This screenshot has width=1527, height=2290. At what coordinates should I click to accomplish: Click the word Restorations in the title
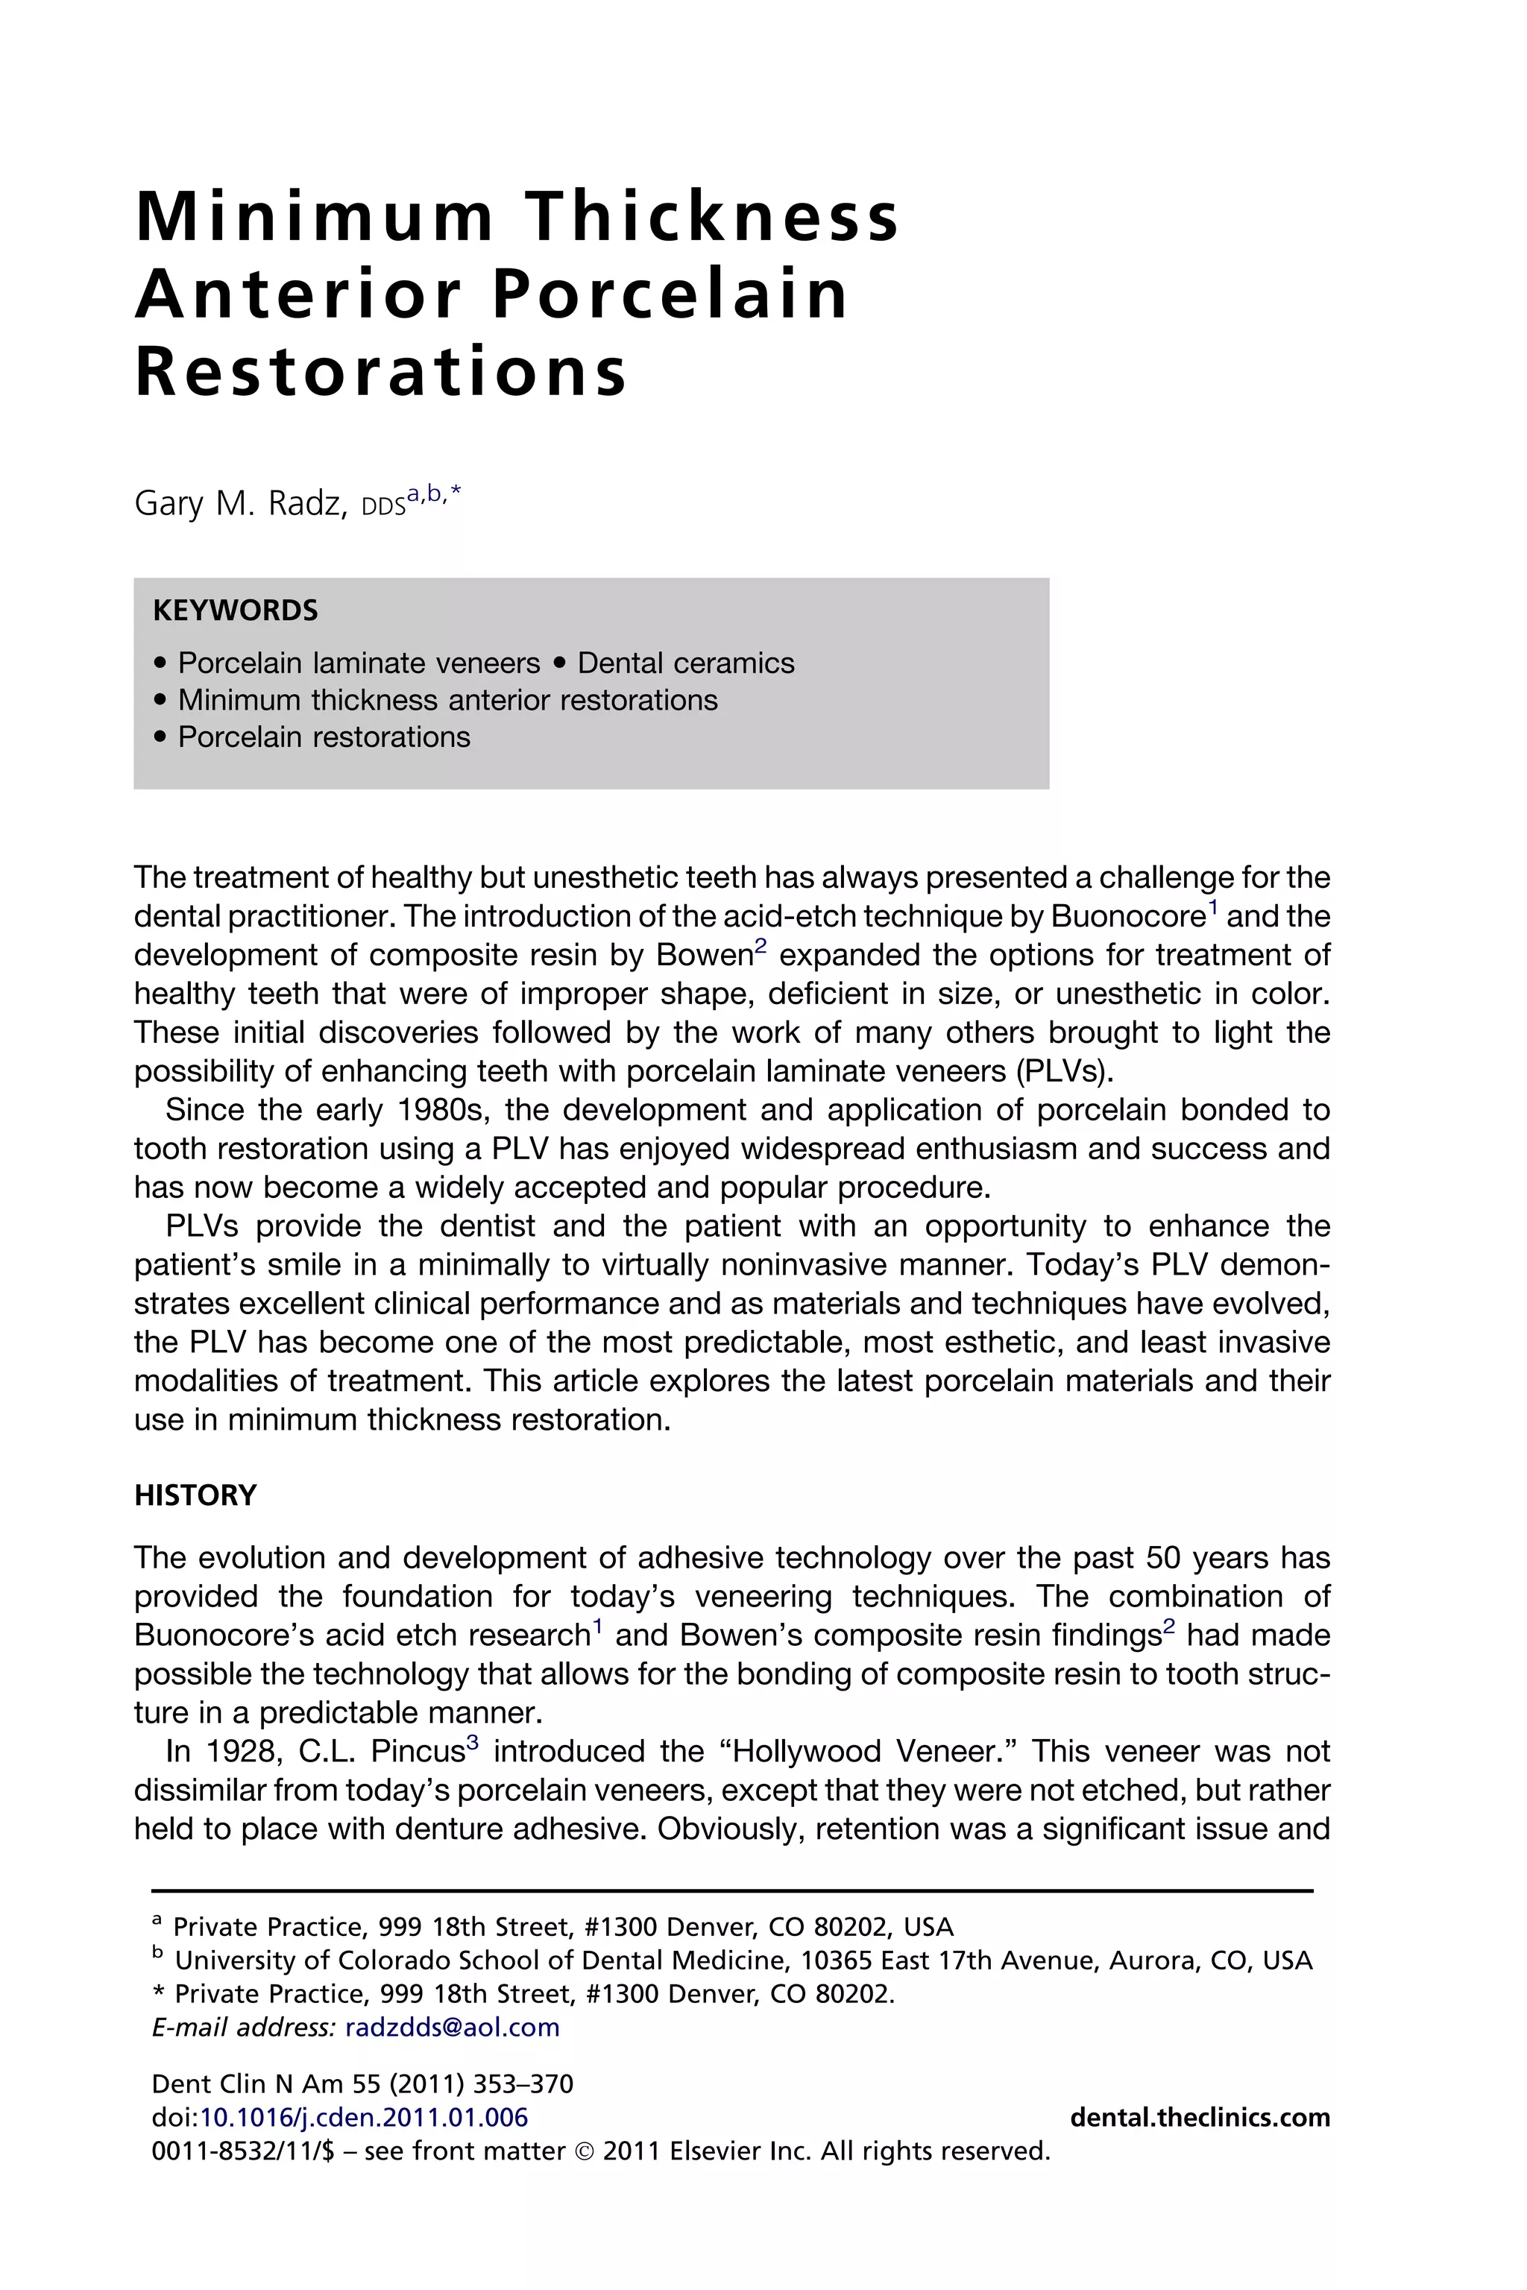pyautogui.click(x=382, y=372)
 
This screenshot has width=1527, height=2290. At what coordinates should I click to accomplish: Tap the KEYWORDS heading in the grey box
pyautogui.click(x=236, y=611)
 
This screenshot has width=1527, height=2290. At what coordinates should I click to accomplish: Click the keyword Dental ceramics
pyautogui.click(x=686, y=663)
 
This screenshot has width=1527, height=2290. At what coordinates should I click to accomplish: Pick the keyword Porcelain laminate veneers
pyautogui.click(x=359, y=663)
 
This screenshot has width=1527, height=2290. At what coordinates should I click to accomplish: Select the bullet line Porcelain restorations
pyautogui.click(x=324, y=737)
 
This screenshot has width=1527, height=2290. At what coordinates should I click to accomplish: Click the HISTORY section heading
pyautogui.click(x=196, y=1495)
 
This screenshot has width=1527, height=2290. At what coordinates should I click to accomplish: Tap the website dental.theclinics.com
pyautogui.click(x=1200, y=2117)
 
